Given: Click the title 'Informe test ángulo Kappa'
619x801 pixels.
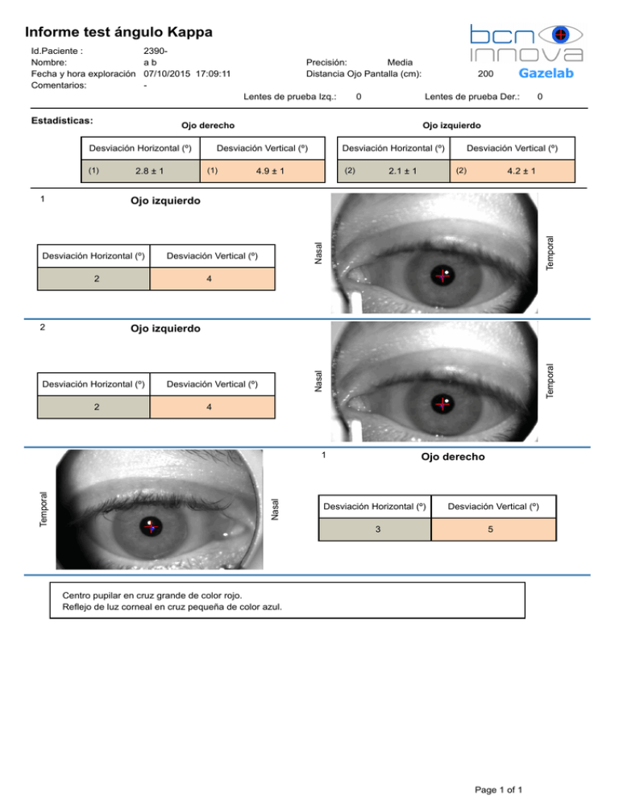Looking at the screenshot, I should (x=118, y=33).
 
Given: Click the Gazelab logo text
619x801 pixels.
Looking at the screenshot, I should (x=546, y=73).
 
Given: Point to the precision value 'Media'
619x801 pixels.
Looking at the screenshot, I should (x=401, y=62).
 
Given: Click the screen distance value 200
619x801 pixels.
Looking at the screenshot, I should (x=485, y=73).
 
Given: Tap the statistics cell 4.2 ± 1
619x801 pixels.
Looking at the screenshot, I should (x=521, y=171).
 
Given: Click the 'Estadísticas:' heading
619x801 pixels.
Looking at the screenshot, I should (x=61, y=121).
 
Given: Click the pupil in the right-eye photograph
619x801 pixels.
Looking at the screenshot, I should (x=151, y=529).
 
